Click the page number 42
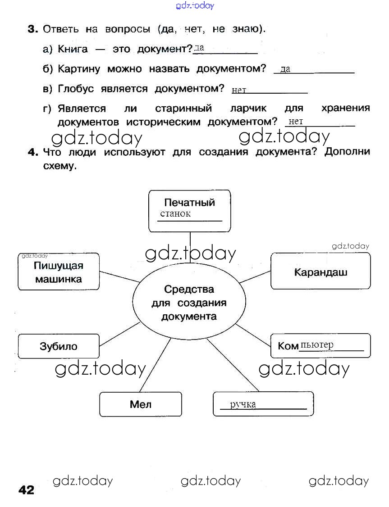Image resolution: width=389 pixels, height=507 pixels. pos(27,489)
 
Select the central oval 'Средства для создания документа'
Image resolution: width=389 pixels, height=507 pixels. pos(189,302)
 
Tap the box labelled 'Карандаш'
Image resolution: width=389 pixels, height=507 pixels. pos(320,272)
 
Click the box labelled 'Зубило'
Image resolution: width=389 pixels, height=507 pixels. pos(59,346)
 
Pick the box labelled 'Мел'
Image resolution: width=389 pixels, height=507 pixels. pos(141,404)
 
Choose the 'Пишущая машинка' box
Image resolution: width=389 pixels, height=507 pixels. pos(59,272)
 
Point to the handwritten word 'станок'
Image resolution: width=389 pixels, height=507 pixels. pos(175,214)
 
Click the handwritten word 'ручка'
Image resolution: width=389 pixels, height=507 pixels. pos(243,404)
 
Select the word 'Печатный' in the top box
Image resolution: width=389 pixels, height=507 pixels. pos(189,202)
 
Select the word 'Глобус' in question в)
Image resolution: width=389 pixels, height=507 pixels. pos(76,89)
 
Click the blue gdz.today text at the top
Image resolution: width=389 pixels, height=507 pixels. pos(194,5)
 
